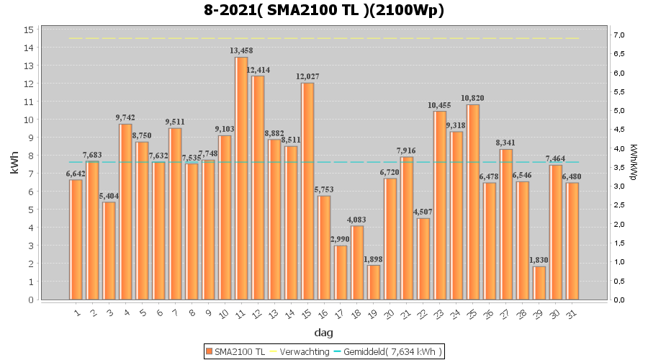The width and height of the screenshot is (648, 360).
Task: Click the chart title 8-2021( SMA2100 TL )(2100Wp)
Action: (x=323, y=10)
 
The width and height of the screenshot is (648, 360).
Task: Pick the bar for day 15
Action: (x=307, y=191)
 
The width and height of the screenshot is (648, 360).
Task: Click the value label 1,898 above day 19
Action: (x=374, y=259)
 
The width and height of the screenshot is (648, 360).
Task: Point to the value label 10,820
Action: (x=472, y=98)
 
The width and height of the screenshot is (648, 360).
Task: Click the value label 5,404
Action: (x=109, y=196)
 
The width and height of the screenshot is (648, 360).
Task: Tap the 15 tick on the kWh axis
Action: (x=29, y=30)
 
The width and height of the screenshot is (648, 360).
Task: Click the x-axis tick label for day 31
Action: (x=571, y=313)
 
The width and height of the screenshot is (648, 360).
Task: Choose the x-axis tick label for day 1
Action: (x=76, y=313)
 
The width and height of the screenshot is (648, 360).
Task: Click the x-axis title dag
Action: (x=323, y=333)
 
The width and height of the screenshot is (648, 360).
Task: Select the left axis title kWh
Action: (x=14, y=164)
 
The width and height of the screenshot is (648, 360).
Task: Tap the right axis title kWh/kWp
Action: (x=634, y=164)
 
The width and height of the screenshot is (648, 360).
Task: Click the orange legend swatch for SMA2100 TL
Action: (x=209, y=351)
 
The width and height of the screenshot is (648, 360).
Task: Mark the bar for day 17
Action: (x=341, y=272)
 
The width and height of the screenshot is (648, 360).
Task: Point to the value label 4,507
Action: (x=423, y=212)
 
